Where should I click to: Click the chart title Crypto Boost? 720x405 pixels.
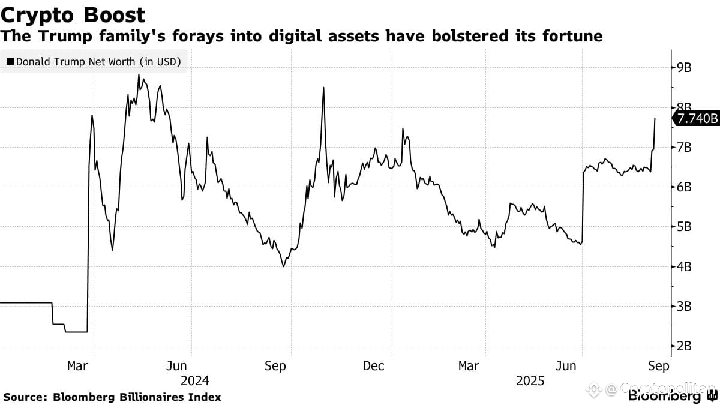[73, 14]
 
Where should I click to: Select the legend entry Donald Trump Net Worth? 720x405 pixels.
[98, 61]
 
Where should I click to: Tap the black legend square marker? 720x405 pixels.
[11, 61]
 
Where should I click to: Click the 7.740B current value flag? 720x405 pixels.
[696, 119]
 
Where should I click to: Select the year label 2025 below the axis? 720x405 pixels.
[530, 380]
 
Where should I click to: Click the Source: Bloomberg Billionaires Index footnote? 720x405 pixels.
[112, 397]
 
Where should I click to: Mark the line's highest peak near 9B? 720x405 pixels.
[139, 75]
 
